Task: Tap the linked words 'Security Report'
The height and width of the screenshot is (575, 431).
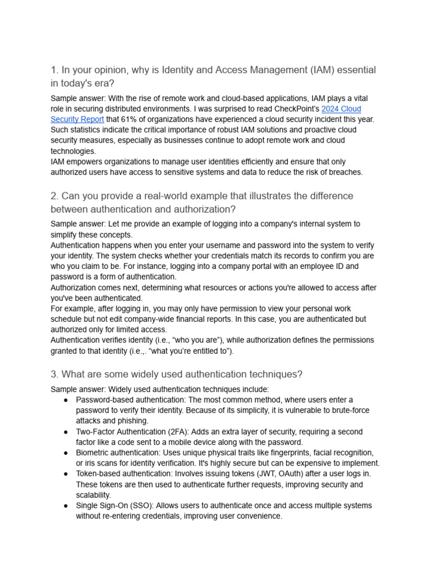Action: pos(77,119)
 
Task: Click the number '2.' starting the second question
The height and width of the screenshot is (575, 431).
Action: pos(54,196)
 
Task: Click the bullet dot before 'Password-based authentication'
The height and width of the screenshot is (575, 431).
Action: pos(66,400)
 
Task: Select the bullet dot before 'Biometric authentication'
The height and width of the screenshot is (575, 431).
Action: pos(66,453)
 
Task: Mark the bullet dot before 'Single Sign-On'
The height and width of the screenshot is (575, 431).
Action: pos(66,505)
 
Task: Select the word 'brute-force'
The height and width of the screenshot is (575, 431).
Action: pos(349,410)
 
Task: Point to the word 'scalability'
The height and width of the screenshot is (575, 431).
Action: pos(93,495)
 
